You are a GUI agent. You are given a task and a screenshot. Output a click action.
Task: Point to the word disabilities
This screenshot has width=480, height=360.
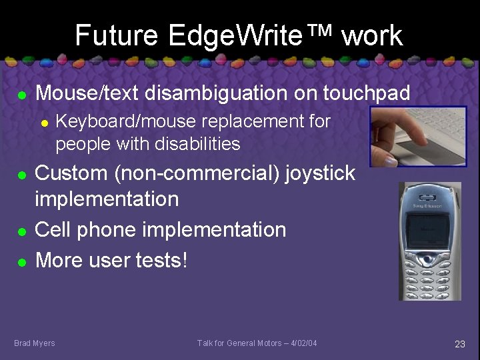point(198,143)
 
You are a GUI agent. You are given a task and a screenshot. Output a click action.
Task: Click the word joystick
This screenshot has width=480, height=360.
point(320,173)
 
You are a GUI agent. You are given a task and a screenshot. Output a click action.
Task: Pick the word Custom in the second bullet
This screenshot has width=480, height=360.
point(72,173)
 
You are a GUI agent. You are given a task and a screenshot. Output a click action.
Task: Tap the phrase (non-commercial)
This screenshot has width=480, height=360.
point(197,173)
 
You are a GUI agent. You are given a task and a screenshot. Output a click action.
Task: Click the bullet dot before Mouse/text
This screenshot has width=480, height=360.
point(21,95)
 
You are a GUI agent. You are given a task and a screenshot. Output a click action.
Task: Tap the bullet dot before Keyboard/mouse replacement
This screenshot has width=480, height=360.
point(43,123)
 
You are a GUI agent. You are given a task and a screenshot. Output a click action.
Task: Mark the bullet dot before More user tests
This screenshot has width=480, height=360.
point(21,262)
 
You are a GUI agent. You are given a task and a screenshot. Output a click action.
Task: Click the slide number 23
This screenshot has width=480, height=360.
point(459,344)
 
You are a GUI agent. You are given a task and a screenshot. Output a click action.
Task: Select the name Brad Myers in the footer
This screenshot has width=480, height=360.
point(35,343)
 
